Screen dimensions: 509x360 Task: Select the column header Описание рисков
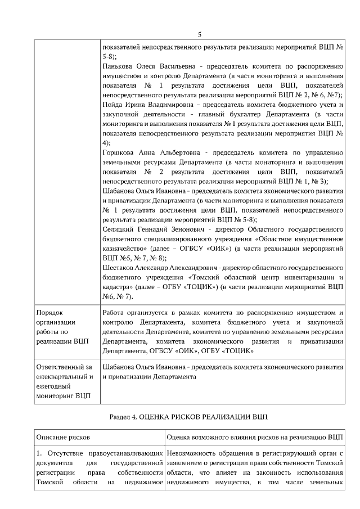[x=63, y=437]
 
